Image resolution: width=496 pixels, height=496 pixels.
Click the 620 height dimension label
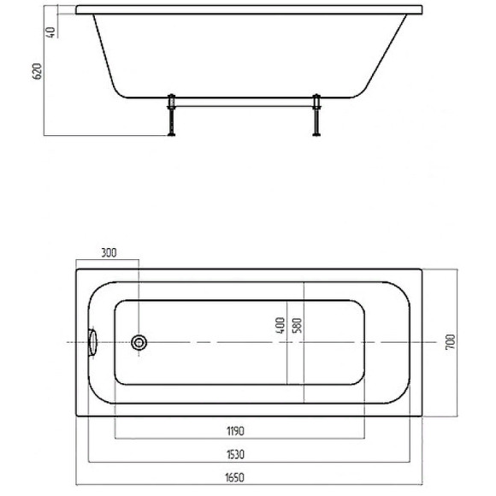[x=38, y=71]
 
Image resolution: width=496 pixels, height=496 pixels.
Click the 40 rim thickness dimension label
[x=50, y=32]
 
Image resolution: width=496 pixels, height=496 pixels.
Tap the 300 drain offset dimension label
[x=109, y=253]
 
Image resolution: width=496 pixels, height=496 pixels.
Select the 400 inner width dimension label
[x=280, y=326]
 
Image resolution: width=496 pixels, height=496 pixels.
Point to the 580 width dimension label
[x=298, y=326]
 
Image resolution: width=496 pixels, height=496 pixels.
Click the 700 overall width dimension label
[x=450, y=342]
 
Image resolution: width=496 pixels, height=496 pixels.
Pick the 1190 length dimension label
[x=236, y=431]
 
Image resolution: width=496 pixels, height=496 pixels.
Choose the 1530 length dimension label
[x=236, y=455]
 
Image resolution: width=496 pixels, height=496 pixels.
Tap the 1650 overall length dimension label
[x=234, y=477]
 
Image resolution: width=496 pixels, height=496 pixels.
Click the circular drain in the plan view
[x=139, y=343]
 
